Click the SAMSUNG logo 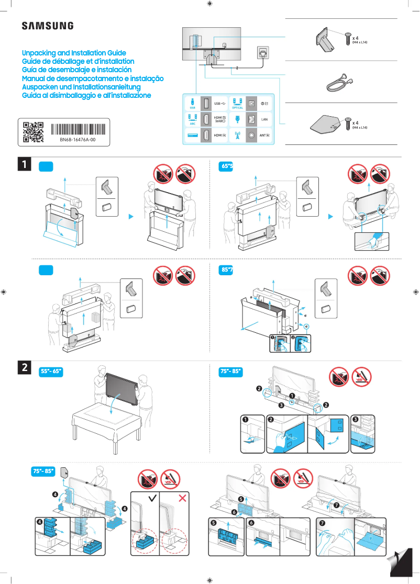point(47,26)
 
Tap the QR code point(33,132)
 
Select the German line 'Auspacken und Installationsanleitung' point(81,87)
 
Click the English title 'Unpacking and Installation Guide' point(74,53)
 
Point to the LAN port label point(264,119)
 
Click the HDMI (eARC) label point(220,119)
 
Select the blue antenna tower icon point(237,135)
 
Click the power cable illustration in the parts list point(338,82)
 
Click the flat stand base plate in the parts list point(327,125)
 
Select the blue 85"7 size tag point(227,270)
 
